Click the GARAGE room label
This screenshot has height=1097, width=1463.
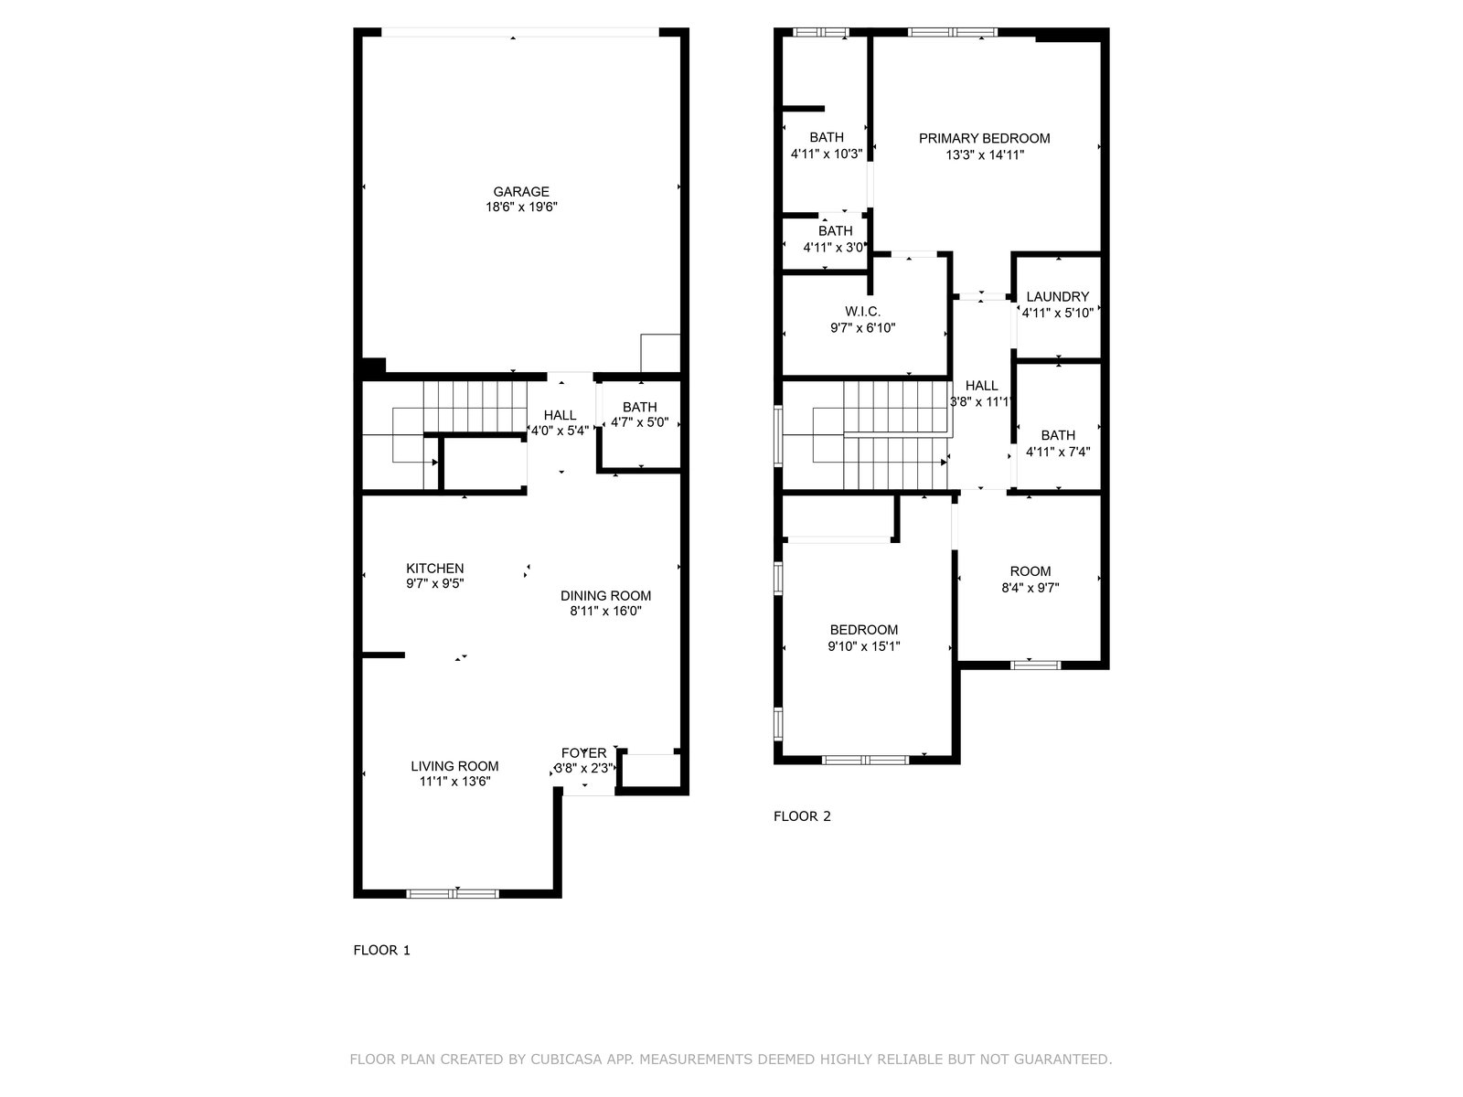click(x=520, y=192)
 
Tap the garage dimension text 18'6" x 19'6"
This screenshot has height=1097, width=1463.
click(x=520, y=208)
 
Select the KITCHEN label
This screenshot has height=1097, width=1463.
click(x=434, y=568)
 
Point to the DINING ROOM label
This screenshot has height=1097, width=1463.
click(x=605, y=595)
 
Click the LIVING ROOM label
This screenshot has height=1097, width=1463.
click(x=454, y=766)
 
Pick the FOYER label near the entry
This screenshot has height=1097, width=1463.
click(x=584, y=752)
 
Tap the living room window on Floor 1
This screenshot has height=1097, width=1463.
click(x=453, y=893)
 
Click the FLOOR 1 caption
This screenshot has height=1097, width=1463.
click(x=382, y=950)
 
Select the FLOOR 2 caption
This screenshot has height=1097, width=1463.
click(x=802, y=816)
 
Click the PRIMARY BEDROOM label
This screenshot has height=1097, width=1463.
click(x=984, y=139)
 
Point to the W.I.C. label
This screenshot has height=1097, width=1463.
click(x=862, y=311)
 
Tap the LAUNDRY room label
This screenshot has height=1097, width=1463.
click(x=1058, y=296)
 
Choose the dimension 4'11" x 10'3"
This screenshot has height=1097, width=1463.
click(x=827, y=154)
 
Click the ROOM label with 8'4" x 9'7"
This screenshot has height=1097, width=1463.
click(x=1031, y=570)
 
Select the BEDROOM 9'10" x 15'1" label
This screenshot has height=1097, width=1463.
click(x=864, y=630)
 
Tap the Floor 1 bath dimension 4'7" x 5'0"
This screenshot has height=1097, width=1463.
click(x=640, y=422)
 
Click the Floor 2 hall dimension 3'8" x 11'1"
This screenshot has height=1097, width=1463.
click(x=981, y=401)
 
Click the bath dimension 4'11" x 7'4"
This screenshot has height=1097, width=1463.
click(x=1058, y=452)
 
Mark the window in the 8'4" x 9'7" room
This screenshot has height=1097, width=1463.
click(x=1035, y=664)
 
